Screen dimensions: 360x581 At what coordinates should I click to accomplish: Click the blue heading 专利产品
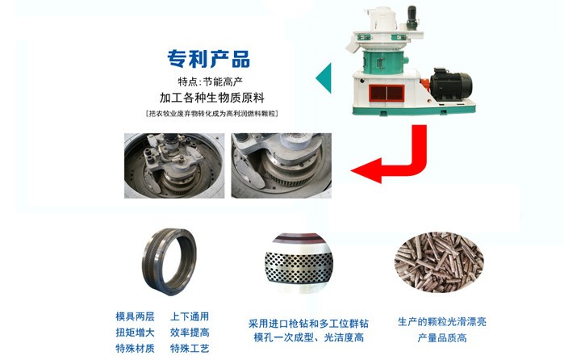coord(208,59)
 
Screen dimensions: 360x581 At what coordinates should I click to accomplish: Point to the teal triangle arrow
coord(323,77)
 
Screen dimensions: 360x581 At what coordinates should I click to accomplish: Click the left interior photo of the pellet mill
coord(173,165)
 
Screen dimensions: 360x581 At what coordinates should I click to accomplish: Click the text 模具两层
coord(135,317)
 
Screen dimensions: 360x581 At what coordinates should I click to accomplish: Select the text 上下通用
coord(190,317)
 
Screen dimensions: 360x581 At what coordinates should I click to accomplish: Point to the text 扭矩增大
coord(135,333)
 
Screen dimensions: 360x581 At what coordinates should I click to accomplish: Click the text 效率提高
coord(190,333)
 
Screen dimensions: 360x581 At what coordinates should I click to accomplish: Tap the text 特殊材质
coord(135,349)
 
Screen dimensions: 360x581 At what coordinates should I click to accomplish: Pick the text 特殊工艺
coord(190,349)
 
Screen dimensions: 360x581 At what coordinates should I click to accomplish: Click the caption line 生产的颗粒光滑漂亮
coord(441,322)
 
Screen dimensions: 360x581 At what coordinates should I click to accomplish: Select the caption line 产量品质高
coord(441,337)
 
